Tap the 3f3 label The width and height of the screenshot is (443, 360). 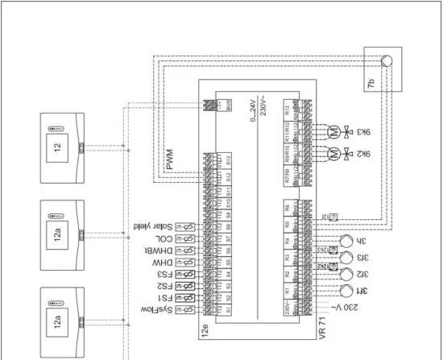tap(363, 259)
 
